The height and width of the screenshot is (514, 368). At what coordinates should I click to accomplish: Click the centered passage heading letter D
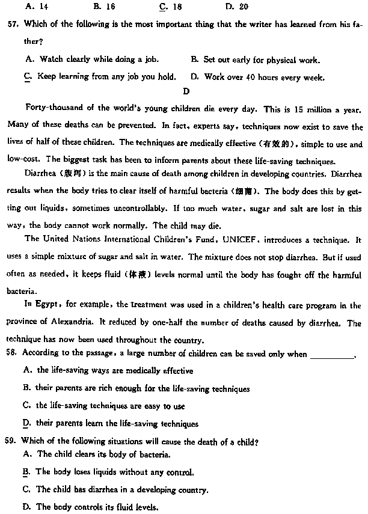tap(186, 92)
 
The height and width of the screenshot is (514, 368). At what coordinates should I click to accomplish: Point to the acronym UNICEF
tap(241, 240)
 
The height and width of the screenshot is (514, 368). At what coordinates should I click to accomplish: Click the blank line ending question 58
tap(332, 355)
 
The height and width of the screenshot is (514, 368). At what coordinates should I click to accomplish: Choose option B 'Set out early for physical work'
tap(256, 60)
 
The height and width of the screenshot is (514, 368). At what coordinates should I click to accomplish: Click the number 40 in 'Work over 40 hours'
tap(251, 77)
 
